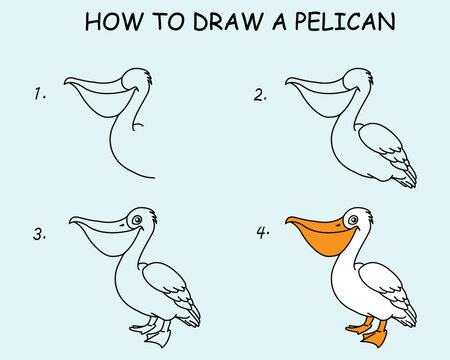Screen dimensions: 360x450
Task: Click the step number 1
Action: [40, 95]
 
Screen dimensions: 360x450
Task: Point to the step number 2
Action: [260, 95]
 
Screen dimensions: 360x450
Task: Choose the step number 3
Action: [40, 236]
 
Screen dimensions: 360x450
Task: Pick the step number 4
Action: [262, 236]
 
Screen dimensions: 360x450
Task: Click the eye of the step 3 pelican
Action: [137, 219]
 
